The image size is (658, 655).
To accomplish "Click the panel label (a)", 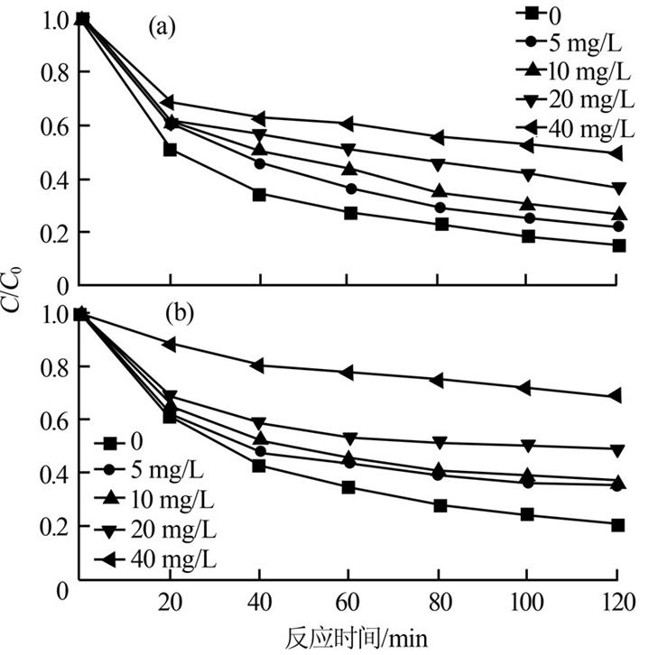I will click(x=161, y=27).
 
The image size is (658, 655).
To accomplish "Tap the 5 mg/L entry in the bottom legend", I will click(x=154, y=469).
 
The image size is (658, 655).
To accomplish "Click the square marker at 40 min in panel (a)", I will click(x=259, y=194).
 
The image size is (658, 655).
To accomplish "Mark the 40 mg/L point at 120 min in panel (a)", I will click(x=616, y=152).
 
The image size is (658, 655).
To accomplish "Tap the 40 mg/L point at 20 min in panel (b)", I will click(x=170, y=344).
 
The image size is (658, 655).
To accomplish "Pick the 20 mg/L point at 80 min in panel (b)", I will click(x=438, y=442).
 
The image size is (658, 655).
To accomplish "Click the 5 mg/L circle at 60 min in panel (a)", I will click(x=350, y=189).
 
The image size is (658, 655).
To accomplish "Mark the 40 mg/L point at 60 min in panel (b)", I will click(x=348, y=373).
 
